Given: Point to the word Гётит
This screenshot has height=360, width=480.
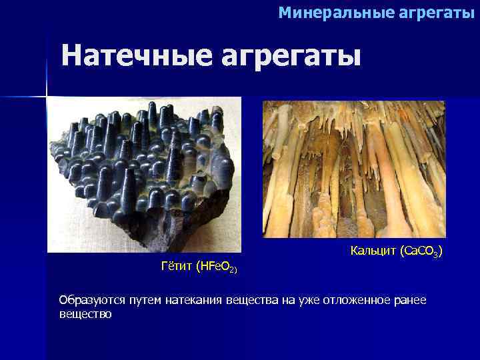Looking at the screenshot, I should click(177, 267).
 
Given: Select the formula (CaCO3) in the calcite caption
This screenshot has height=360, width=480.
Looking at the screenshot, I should click(422, 251).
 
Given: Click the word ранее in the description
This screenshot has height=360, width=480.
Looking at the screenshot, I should click(409, 301).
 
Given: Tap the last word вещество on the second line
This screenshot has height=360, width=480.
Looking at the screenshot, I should click(85, 313).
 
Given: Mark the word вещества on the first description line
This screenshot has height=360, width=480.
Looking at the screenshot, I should click(251, 301).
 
